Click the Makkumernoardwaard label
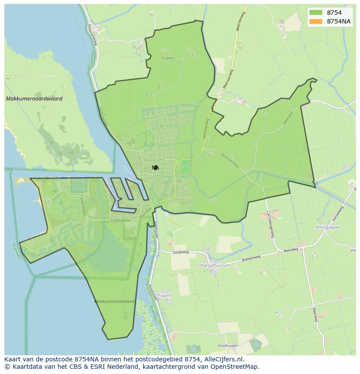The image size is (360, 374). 34,99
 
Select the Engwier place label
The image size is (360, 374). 167,58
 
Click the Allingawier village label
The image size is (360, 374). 328,227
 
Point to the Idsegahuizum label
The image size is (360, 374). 213,265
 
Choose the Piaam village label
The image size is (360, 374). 164,295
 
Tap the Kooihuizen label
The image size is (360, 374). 229,346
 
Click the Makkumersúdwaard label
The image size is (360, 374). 114,301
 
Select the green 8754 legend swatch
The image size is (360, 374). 316,13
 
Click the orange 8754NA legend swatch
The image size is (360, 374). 316,21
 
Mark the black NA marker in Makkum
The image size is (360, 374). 155,167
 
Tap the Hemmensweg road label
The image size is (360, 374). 230,158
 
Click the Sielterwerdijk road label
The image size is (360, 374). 92,34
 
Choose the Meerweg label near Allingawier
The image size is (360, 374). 290,250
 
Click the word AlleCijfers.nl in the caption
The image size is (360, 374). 227,360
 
